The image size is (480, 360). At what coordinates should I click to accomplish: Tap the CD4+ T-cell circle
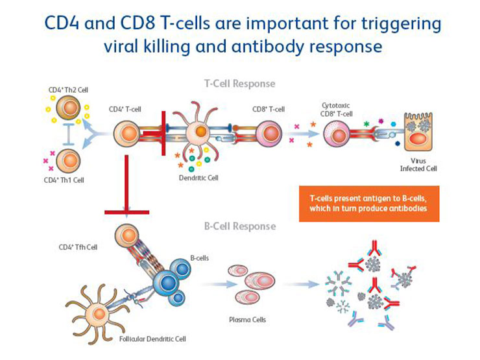[128, 135]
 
